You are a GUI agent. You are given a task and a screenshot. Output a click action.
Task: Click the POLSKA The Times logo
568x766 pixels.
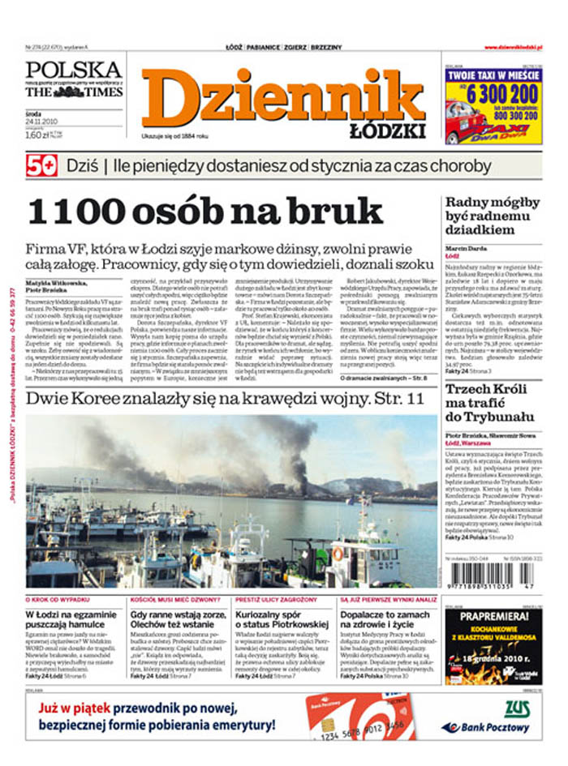click(x=74, y=79)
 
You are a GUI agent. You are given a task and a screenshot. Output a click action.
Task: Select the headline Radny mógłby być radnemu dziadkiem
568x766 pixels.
click(x=487, y=216)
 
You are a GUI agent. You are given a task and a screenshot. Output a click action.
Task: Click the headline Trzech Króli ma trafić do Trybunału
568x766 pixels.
click(x=487, y=403)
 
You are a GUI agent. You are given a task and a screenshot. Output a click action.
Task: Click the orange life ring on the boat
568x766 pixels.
click(x=338, y=554)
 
